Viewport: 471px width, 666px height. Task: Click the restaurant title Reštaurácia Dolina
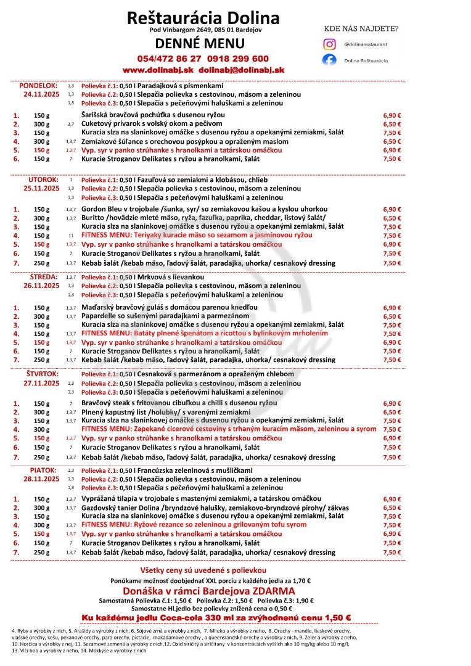[203, 17]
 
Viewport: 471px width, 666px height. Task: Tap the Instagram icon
[330, 44]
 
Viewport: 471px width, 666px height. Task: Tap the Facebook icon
[330, 60]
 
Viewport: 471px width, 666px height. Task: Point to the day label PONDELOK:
[38, 85]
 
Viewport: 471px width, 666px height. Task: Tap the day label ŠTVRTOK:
[42, 374]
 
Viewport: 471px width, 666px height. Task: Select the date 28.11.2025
[41, 479]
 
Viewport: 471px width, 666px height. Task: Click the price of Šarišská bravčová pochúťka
[392, 115]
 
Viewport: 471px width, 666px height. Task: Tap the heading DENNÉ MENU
[200, 44]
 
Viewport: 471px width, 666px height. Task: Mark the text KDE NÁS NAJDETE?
[361, 28]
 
